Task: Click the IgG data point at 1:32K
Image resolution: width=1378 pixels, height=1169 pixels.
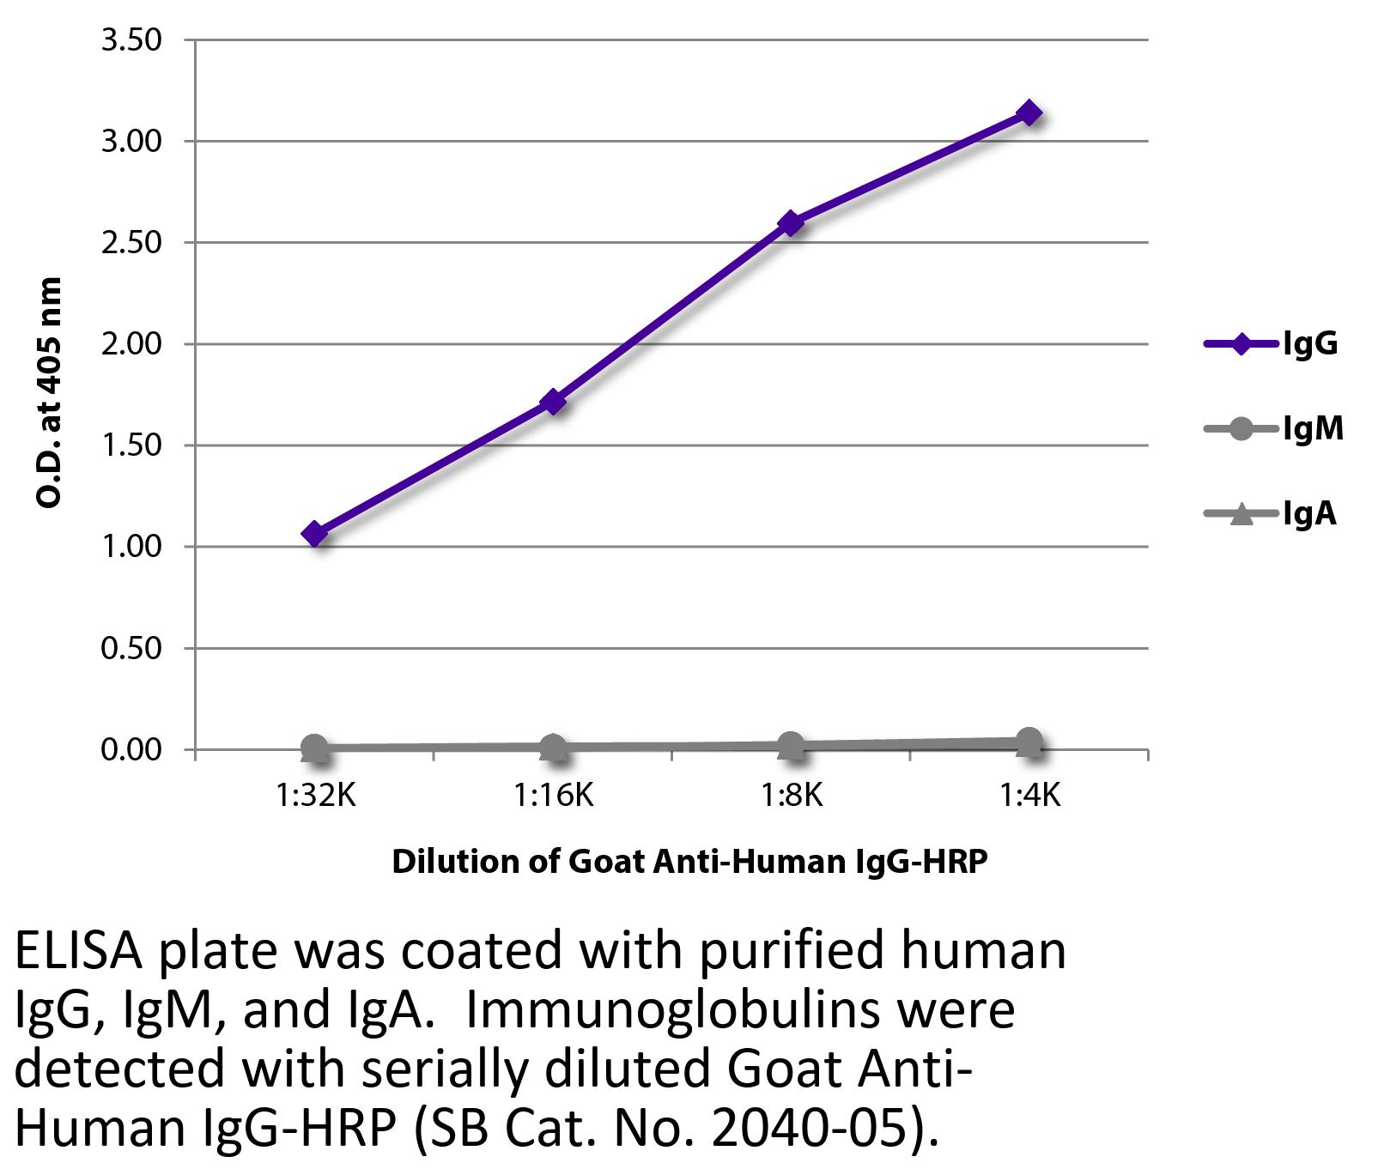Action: click(x=314, y=533)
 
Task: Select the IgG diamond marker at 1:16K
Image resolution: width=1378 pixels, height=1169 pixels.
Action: click(x=554, y=401)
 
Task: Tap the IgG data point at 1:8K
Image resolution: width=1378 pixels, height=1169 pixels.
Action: click(x=791, y=223)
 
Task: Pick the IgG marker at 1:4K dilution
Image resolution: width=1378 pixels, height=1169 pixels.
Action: click(x=1029, y=113)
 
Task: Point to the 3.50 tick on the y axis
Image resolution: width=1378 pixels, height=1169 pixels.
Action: click(x=131, y=40)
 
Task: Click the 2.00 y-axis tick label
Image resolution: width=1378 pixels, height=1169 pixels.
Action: click(x=131, y=344)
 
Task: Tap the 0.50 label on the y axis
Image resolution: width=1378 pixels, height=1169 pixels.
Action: click(x=131, y=648)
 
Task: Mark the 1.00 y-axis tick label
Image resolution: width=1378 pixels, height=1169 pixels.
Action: click(x=131, y=547)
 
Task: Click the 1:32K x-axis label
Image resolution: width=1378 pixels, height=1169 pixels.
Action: click(x=315, y=796)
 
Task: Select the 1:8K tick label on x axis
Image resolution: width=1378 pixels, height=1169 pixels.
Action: click(x=791, y=796)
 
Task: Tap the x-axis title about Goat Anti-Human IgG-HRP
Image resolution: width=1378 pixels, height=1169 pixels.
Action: click(x=689, y=861)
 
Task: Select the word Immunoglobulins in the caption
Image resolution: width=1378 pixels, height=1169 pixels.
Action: click(x=676, y=1012)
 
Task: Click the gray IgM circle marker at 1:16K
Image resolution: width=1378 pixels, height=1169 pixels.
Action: click(x=554, y=748)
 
